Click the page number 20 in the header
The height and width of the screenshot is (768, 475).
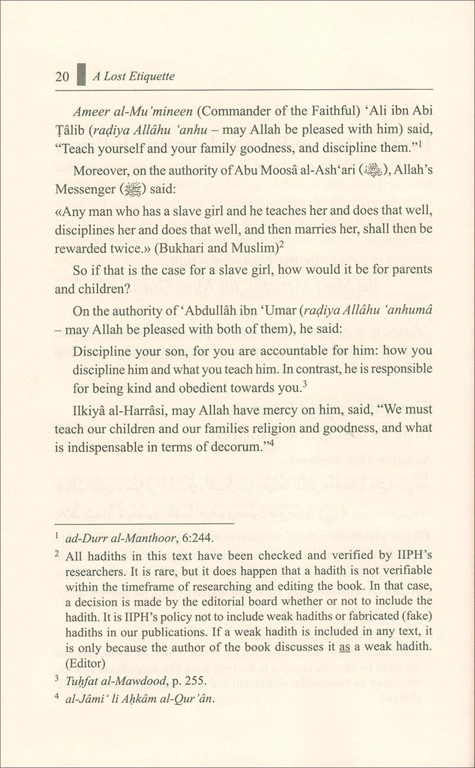click(x=62, y=77)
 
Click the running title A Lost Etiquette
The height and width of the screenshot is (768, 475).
click(x=133, y=77)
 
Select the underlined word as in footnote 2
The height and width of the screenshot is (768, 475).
click(x=344, y=647)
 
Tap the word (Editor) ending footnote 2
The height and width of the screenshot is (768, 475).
click(x=88, y=662)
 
